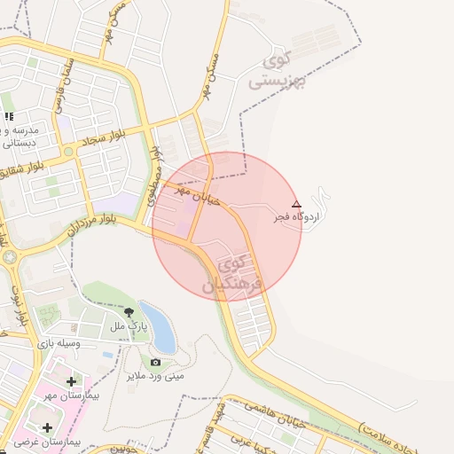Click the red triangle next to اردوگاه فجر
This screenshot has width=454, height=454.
(x=296, y=203)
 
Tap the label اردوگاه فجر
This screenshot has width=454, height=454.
(x=297, y=215)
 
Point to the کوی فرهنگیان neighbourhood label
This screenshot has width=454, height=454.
(x=235, y=274)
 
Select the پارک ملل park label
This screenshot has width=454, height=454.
(x=127, y=326)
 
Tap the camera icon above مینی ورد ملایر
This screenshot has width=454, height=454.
(x=156, y=362)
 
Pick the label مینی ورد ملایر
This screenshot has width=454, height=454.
(x=155, y=375)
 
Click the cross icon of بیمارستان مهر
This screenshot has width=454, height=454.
(x=71, y=382)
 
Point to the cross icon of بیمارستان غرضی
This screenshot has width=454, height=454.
(x=46, y=428)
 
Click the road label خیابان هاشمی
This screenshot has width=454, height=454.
(x=256, y=404)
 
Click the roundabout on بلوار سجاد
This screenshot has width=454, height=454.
(x=68, y=152)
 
